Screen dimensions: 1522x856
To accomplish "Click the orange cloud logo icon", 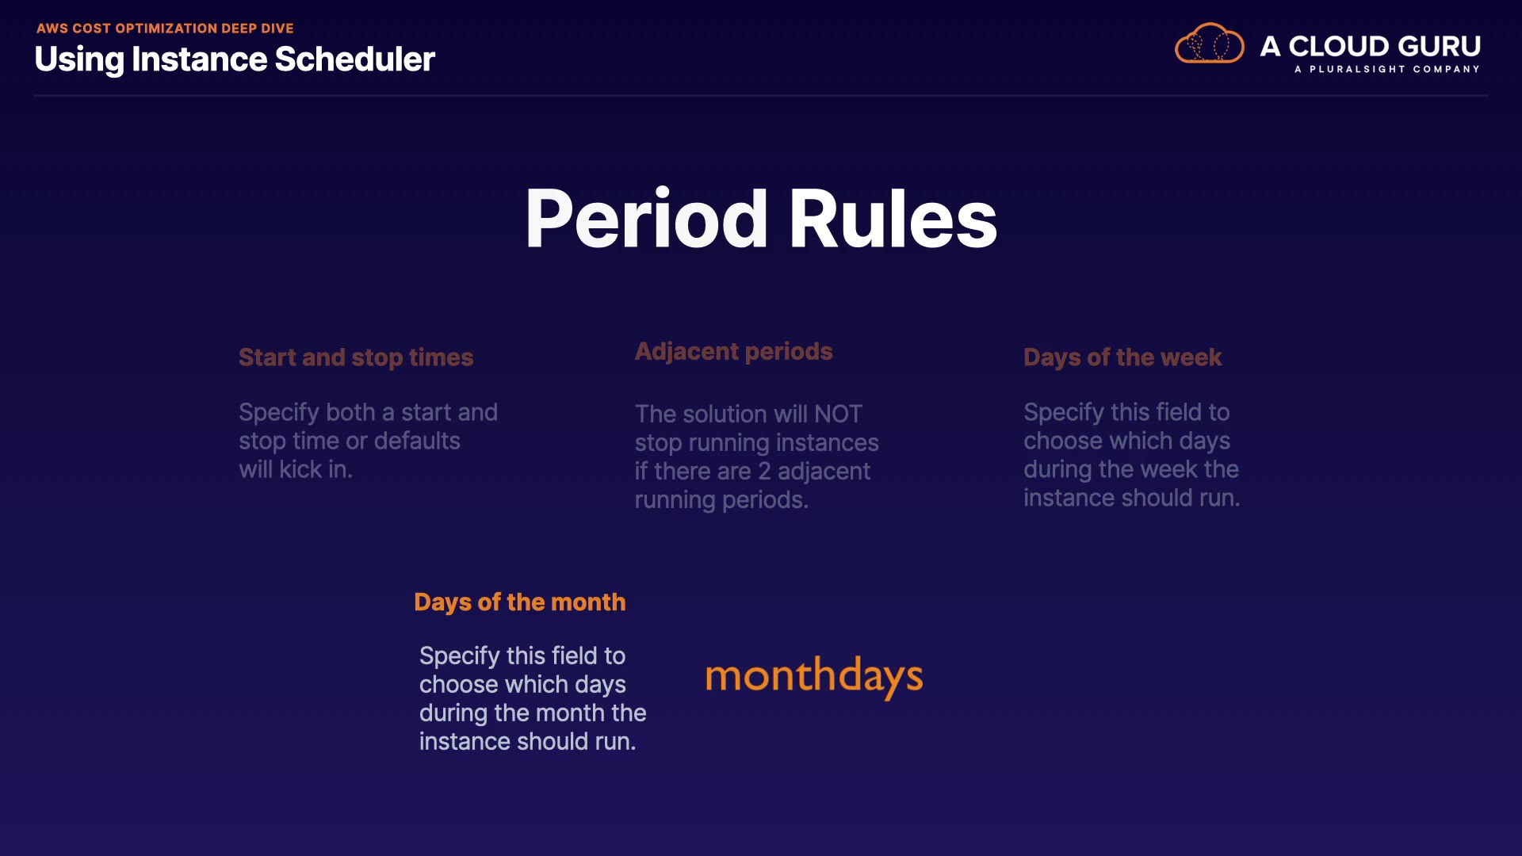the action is pyautogui.click(x=1210, y=44).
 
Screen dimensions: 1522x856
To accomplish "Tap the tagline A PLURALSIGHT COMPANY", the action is pyautogui.click(x=1387, y=69).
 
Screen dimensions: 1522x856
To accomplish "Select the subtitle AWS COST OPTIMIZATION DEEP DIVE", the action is pyautogui.click(x=165, y=29).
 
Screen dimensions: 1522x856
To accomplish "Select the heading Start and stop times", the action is pyautogui.click(x=356, y=357).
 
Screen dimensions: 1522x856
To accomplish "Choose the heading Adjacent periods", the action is pyautogui.click(x=734, y=351).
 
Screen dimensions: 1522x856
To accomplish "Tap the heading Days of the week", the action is pyautogui.click(x=1122, y=357).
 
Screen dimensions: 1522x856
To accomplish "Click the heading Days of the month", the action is pyautogui.click(x=520, y=602).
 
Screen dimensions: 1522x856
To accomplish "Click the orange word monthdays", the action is pyautogui.click(x=814, y=677).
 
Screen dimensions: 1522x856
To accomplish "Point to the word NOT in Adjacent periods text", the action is pyautogui.click(x=838, y=414).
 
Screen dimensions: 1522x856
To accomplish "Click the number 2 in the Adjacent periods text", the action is pyautogui.click(x=764, y=472).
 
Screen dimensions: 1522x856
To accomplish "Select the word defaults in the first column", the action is pyautogui.click(x=417, y=441).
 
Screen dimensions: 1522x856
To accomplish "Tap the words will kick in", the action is pyautogui.click(x=296, y=469).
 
